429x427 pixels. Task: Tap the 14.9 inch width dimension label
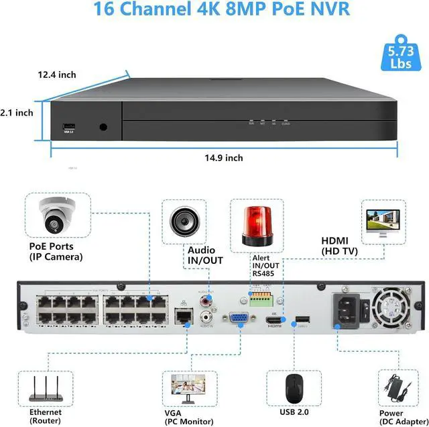[x=224, y=158]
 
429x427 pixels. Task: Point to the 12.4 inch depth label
[x=57, y=75]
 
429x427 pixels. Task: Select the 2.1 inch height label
[x=17, y=113]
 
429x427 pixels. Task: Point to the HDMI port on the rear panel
[x=275, y=321]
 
